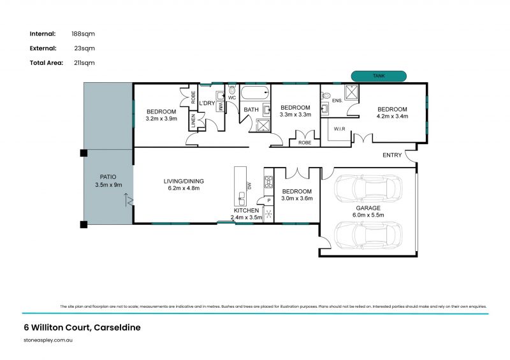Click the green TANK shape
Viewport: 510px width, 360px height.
click(x=379, y=76)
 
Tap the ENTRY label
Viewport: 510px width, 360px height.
click(x=393, y=155)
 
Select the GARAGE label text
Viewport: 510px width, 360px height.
click(x=368, y=208)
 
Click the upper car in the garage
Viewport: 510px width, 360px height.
click(x=368, y=189)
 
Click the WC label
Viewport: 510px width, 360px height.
click(x=232, y=98)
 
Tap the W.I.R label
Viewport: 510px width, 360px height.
click(x=339, y=129)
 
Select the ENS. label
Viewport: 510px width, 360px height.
click(x=337, y=100)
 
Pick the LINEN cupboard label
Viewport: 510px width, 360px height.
click(x=193, y=121)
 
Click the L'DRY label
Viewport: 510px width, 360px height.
click(x=207, y=103)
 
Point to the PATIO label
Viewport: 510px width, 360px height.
click(x=108, y=176)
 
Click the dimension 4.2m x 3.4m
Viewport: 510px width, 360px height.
click(x=392, y=116)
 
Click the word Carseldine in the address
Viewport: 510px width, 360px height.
click(x=117, y=328)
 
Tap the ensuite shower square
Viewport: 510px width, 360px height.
click(x=352, y=92)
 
